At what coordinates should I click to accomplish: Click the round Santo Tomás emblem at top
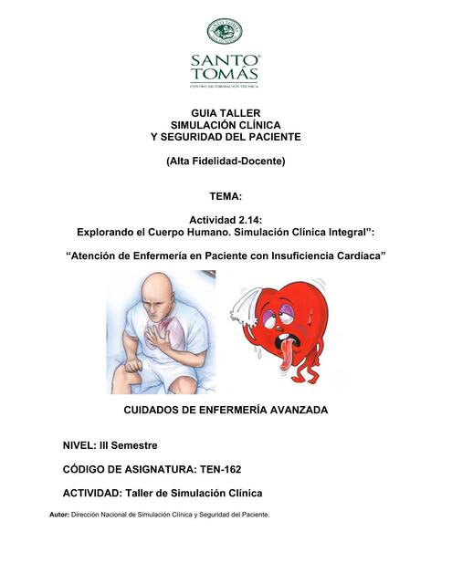pos(225,31)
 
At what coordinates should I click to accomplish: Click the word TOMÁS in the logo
pos(225,74)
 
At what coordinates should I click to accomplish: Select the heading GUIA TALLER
pos(226,111)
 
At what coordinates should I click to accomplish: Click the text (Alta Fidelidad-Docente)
pos(226,162)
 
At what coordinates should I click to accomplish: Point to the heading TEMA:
pos(226,196)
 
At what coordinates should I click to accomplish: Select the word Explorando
pos(110,234)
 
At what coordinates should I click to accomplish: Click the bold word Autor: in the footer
pos(59,515)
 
